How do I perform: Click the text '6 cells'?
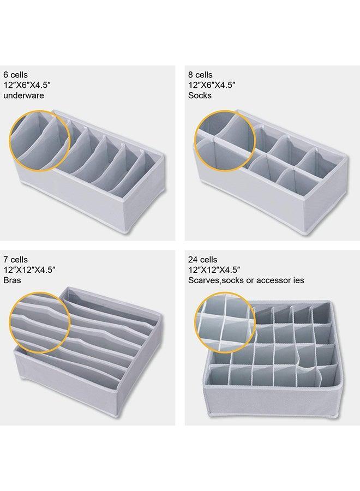[16, 74]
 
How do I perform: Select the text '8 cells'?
[201, 74]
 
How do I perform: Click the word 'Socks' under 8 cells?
[200, 95]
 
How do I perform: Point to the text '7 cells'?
[15, 260]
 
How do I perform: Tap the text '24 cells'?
[203, 260]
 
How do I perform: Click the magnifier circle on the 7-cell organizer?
[41, 322]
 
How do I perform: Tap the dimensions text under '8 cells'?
[212, 85]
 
